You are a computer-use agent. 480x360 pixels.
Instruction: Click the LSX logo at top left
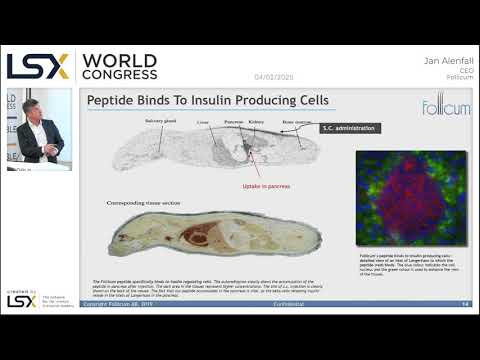(38, 66)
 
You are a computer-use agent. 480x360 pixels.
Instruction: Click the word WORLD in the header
(119, 60)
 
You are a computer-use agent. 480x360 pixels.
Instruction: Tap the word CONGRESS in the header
(119, 74)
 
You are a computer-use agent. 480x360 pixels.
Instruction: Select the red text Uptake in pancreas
(264, 186)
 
